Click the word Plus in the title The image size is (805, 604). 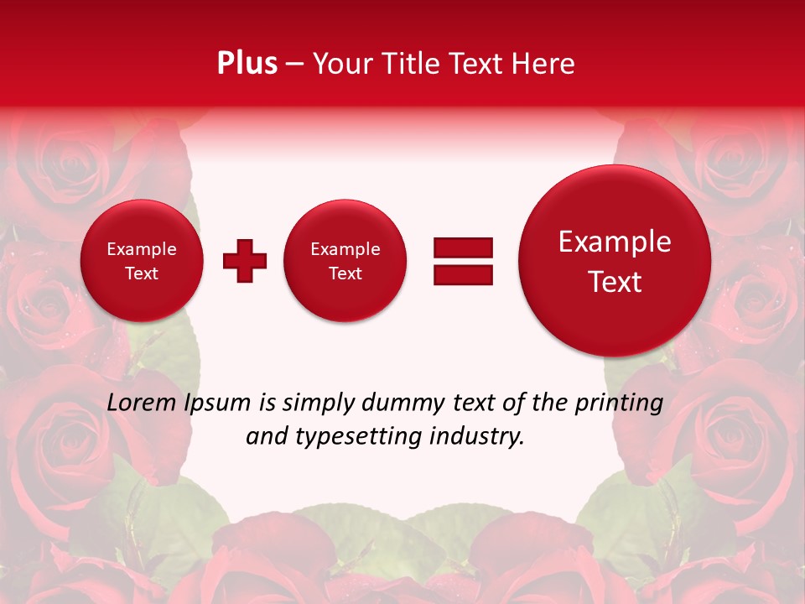pos(247,64)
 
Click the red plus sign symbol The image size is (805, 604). pos(245,261)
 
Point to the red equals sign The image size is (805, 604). pos(463,261)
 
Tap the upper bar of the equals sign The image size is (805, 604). pos(463,247)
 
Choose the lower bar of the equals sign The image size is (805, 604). pos(463,275)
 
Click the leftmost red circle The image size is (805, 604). pos(141,261)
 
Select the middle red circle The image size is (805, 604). pos(345,261)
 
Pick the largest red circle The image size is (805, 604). pos(615,261)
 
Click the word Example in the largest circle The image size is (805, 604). pos(615,242)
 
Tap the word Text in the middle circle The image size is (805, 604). pos(345,273)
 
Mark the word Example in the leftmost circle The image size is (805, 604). pos(141,249)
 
